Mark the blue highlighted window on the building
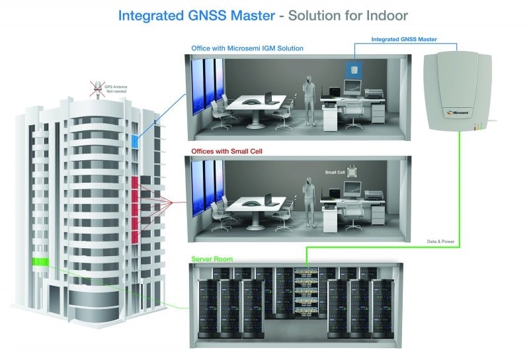tap(135, 141)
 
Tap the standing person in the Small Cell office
tap(307, 199)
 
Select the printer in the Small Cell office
tap(374, 195)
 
